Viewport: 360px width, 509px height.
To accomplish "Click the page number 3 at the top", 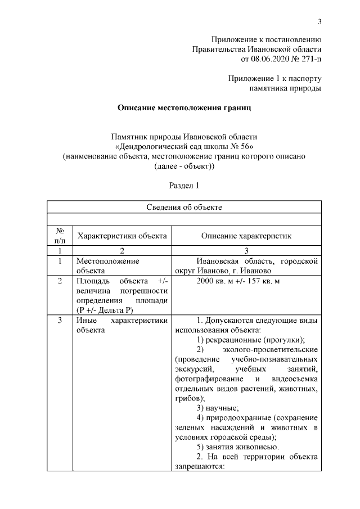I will click(319, 22).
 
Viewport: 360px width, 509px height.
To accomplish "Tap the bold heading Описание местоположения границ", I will click(183, 107).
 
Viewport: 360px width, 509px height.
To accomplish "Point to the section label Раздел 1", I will click(184, 184).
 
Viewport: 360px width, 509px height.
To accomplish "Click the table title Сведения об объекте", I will click(183, 207).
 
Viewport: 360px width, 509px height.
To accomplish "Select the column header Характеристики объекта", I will click(121, 236).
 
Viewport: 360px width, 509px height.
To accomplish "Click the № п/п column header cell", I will click(60, 236).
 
